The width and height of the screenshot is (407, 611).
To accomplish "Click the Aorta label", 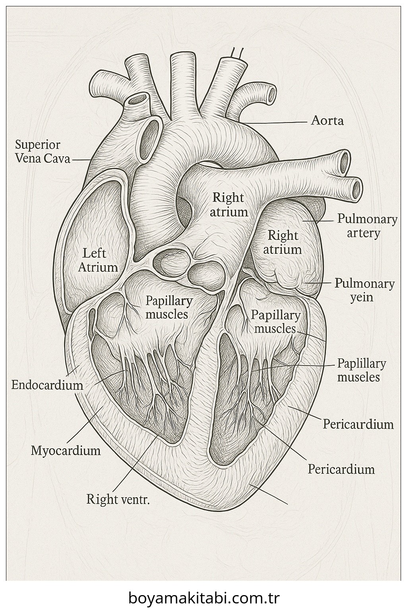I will [x=327, y=120].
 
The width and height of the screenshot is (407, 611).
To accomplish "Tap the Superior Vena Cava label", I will [x=42, y=152].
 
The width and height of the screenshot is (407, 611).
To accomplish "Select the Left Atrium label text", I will [x=98, y=260].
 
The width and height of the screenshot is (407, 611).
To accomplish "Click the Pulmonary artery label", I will [x=367, y=226].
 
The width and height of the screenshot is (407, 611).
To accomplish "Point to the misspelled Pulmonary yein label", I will [x=364, y=290].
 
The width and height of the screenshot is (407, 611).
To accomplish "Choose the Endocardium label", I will [x=47, y=385].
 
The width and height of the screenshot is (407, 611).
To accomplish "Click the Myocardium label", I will [x=66, y=450].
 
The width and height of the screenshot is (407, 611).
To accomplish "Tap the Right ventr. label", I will [x=118, y=499].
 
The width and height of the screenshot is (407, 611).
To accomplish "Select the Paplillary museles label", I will [x=361, y=370].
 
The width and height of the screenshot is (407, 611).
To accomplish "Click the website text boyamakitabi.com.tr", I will [x=204, y=597].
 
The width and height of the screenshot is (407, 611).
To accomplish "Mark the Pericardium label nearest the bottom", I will [x=341, y=469].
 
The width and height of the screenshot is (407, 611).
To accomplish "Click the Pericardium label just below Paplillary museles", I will [x=358, y=424].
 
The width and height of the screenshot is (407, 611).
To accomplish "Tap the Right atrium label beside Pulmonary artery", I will [x=282, y=242].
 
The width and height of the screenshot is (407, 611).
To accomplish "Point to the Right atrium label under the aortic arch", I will [x=229, y=204].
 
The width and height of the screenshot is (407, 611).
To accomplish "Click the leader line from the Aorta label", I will [x=278, y=122].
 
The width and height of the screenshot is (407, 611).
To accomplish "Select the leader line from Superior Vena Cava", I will [x=81, y=160].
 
